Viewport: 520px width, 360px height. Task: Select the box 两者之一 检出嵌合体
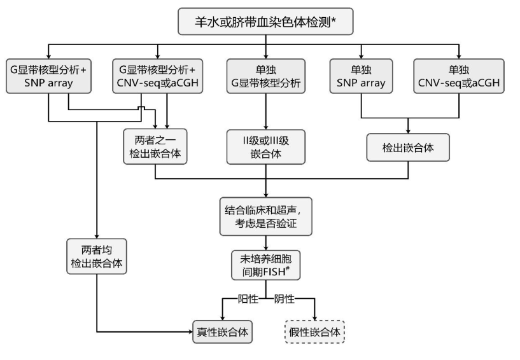pos(156,147)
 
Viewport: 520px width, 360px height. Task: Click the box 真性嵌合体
pos(221,331)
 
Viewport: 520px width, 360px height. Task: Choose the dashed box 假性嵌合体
pos(314,331)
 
